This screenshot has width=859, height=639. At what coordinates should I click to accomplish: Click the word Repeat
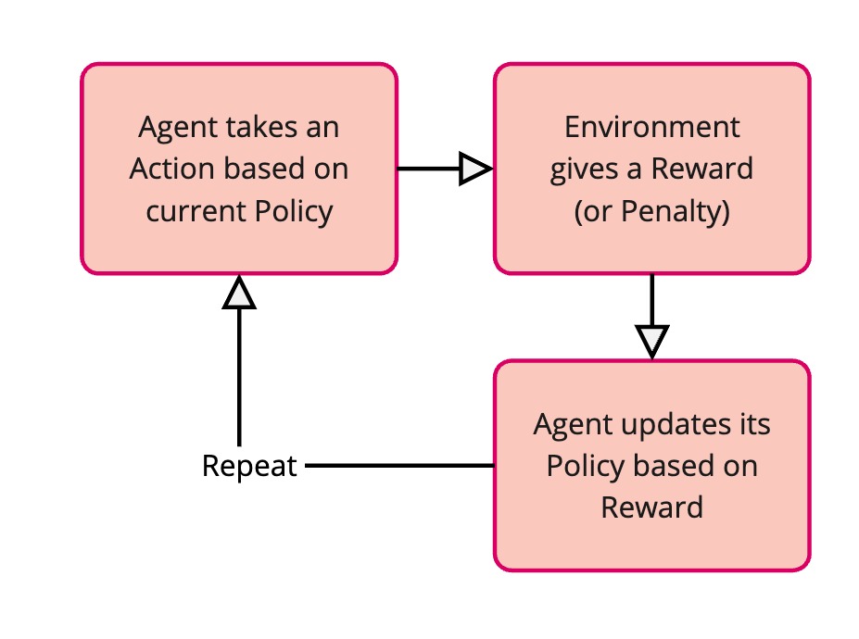point(249,466)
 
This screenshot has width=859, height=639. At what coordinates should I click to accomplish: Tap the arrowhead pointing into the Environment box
point(475,169)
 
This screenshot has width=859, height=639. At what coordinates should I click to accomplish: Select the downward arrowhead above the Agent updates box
point(652,340)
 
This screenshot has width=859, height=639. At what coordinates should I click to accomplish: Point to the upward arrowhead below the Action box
point(239,294)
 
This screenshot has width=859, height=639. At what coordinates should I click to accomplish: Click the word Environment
point(652,128)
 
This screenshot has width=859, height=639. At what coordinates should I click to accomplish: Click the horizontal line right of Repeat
point(398,466)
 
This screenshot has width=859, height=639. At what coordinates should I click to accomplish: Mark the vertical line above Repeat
point(239,380)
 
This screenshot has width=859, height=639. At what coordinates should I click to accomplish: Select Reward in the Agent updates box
point(652,508)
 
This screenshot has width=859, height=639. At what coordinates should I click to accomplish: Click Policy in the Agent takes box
point(293,211)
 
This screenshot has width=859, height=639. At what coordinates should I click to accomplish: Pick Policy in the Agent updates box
point(581,467)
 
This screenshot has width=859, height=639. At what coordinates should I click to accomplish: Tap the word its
point(752,425)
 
